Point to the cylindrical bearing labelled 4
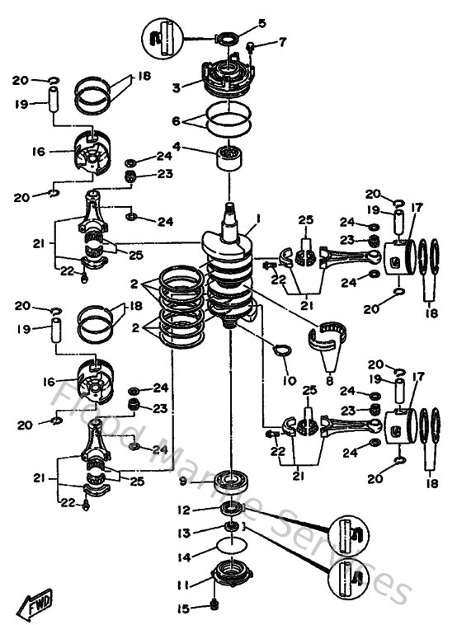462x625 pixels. (x=226, y=155)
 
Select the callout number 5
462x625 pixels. (x=262, y=23)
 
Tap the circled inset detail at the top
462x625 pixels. (x=161, y=36)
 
